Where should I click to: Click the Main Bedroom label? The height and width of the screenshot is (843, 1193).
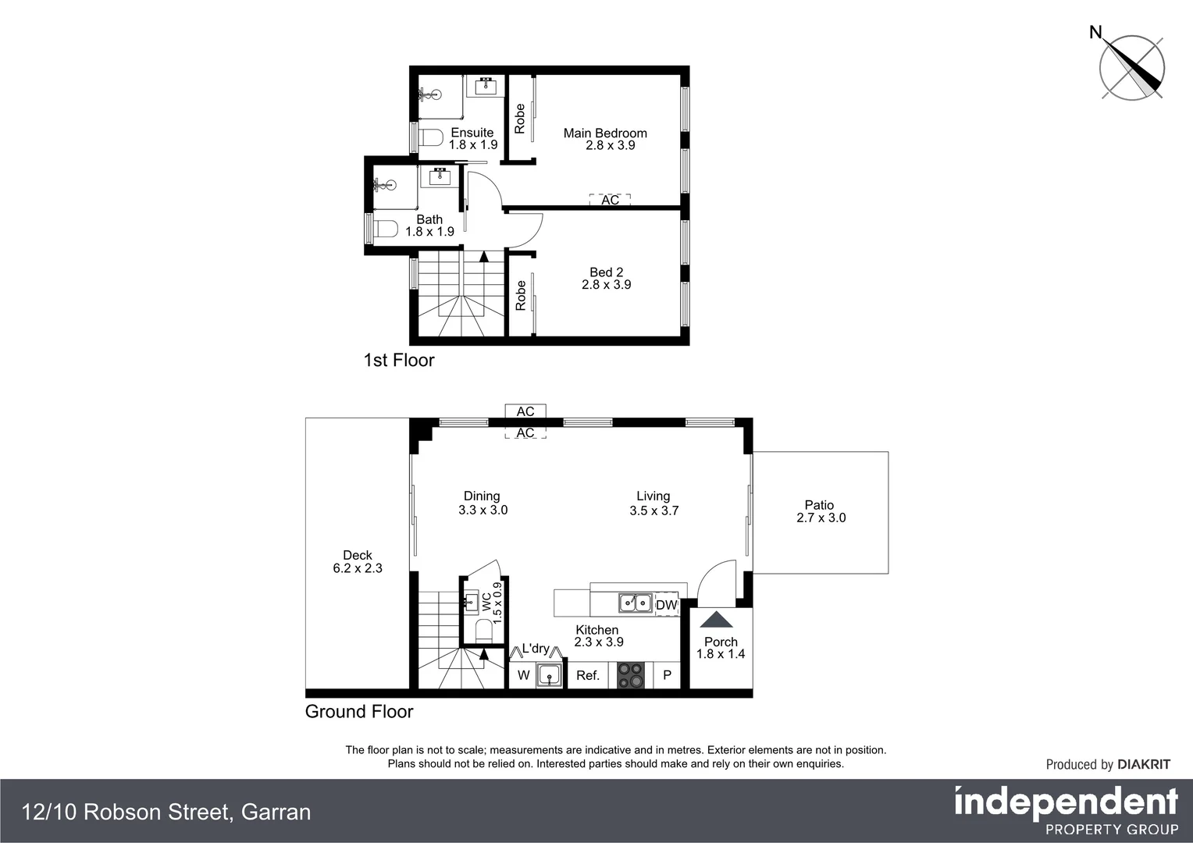tap(605, 133)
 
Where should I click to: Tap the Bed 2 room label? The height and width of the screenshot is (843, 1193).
tap(606, 272)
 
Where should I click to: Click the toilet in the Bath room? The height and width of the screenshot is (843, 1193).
tap(386, 229)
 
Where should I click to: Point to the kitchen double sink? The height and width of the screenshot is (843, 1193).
tap(636, 603)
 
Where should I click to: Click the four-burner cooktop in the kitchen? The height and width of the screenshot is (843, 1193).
tap(631, 675)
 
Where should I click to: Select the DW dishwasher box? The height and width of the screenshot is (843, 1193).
tap(666, 605)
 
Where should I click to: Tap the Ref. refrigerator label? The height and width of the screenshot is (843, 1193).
tap(588, 676)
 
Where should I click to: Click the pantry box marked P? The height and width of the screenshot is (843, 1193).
tap(667, 675)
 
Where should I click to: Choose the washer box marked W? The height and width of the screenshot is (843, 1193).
tap(523, 676)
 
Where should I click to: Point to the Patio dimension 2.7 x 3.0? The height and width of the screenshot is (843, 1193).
tap(821, 518)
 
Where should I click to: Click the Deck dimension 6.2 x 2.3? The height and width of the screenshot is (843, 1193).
tap(358, 568)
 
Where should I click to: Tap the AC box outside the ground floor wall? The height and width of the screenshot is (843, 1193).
tap(525, 411)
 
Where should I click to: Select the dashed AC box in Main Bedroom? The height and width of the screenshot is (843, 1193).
tap(610, 200)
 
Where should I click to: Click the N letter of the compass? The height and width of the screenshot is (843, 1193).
tap(1095, 32)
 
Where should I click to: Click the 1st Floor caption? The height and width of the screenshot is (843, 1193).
tap(398, 360)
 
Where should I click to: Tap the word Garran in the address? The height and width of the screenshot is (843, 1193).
tap(276, 813)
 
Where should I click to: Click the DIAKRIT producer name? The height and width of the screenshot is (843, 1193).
tap(1144, 765)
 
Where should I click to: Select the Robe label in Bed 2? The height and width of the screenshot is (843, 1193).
tap(521, 296)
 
